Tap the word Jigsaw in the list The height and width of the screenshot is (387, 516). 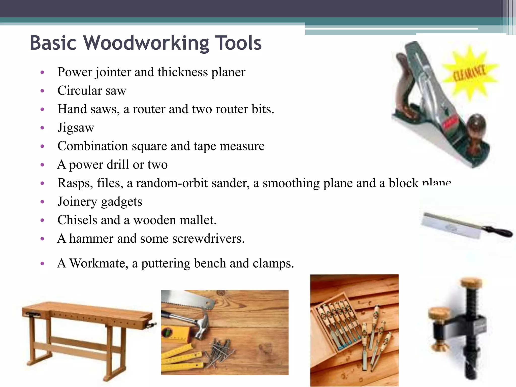point(76,127)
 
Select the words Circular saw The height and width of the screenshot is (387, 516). point(92,90)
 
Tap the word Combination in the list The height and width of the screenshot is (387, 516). point(92,146)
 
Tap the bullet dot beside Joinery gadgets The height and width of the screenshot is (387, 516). point(42,202)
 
